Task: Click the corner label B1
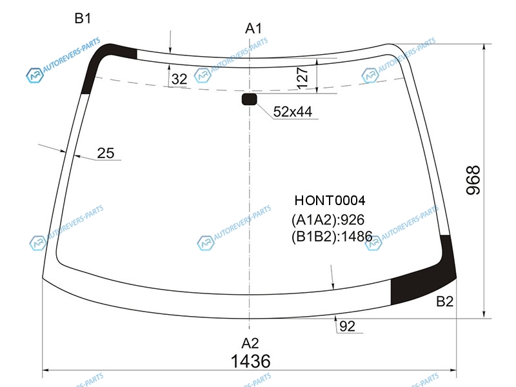point(83,19)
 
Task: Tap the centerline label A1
point(253,28)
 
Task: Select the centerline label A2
point(250,343)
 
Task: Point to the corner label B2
point(444,301)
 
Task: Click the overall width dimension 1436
point(250,361)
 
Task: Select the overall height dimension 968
point(473,181)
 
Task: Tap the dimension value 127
point(303,78)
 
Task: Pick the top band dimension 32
point(179,79)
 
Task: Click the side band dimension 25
point(106,153)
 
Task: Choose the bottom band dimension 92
point(347,326)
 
